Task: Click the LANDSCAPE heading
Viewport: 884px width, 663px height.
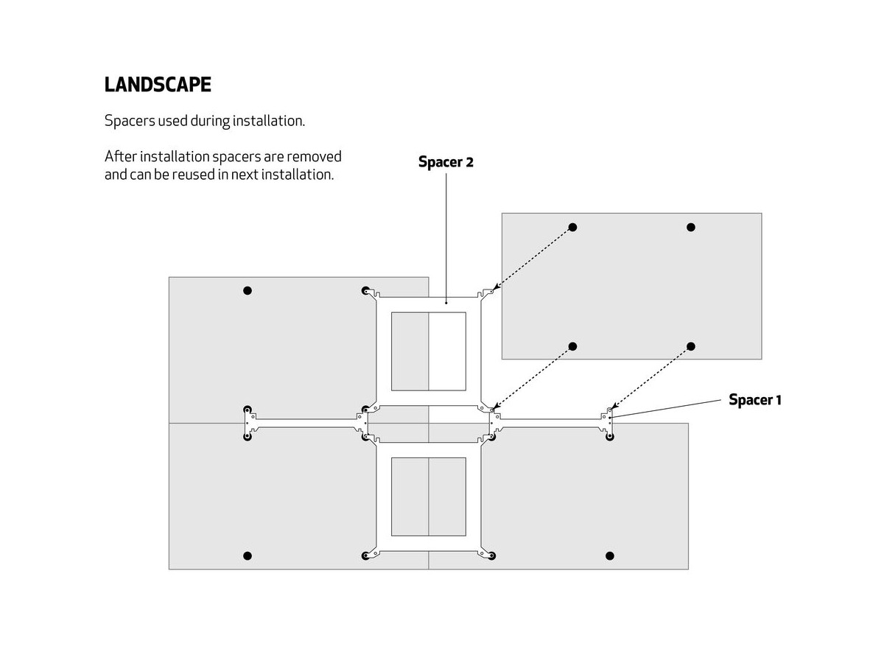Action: pyautogui.click(x=158, y=85)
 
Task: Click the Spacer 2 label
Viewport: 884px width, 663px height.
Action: pyautogui.click(x=446, y=162)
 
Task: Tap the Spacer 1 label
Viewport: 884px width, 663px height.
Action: pyautogui.click(x=754, y=400)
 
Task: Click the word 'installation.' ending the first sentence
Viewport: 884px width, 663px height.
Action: pyautogui.click(x=269, y=121)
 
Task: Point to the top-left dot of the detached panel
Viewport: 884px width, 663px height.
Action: pyautogui.click(x=573, y=227)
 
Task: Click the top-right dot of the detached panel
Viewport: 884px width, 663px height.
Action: pyautogui.click(x=691, y=227)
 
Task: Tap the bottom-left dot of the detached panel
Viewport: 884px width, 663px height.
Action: pyautogui.click(x=573, y=346)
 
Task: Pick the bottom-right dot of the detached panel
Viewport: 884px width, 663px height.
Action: pyautogui.click(x=691, y=346)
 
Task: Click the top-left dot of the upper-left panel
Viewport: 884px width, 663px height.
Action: pyautogui.click(x=248, y=291)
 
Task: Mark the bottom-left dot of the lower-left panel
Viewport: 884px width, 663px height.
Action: pyautogui.click(x=248, y=555)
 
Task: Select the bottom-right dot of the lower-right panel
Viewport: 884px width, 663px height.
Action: pyautogui.click(x=609, y=555)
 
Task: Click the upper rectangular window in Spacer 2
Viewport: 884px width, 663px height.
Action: pyautogui.click(x=429, y=351)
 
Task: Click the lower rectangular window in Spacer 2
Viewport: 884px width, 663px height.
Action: pyautogui.click(x=429, y=497)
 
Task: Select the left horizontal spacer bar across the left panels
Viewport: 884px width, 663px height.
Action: pyautogui.click(x=306, y=421)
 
